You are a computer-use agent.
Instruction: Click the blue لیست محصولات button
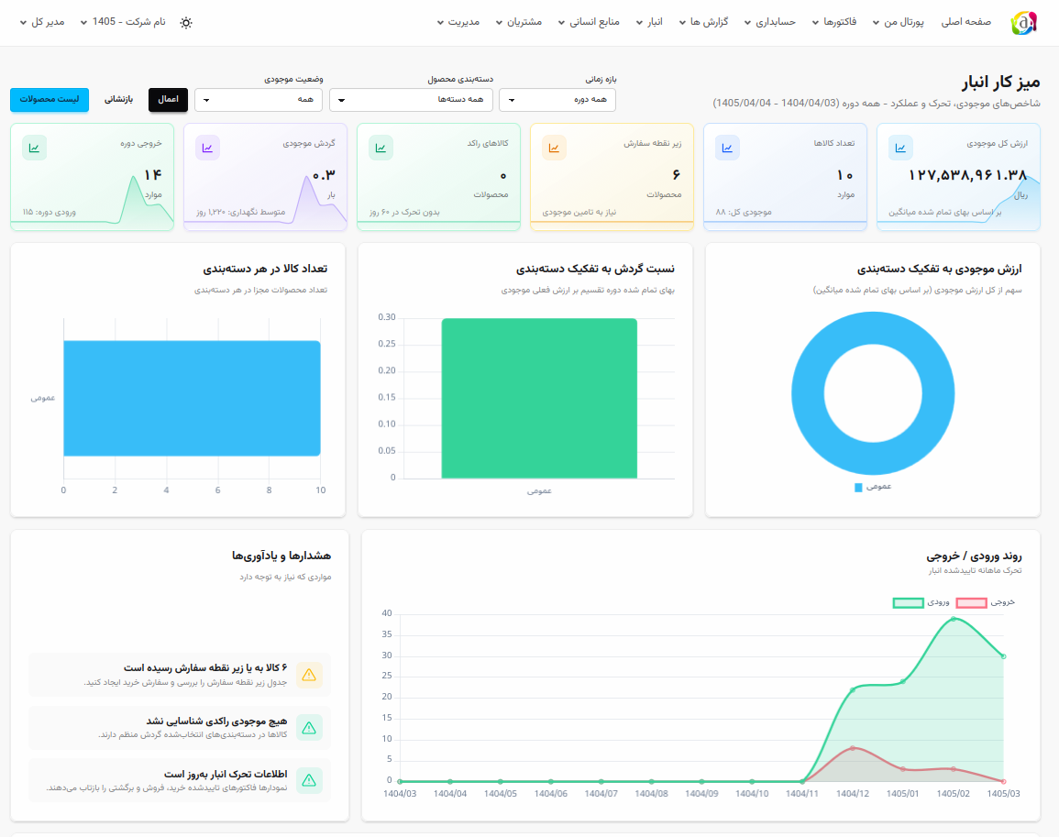coord(50,99)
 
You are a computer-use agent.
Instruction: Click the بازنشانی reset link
coord(119,99)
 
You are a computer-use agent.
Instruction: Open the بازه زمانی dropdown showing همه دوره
coord(557,100)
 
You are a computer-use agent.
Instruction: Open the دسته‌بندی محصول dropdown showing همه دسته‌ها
coord(411,100)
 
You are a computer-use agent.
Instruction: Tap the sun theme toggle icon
coord(186,22)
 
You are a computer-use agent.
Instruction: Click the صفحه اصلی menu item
coord(966,22)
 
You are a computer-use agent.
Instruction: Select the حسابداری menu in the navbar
coord(770,22)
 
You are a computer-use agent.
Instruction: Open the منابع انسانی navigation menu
coord(589,22)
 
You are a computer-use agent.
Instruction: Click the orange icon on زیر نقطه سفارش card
coord(554,148)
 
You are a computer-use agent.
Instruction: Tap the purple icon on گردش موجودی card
coord(207,148)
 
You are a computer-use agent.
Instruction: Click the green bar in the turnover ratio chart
coord(539,399)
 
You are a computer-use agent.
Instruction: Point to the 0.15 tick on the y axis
coord(387,397)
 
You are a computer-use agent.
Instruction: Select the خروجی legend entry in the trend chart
coord(986,602)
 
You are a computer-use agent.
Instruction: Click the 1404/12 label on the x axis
coord(853,794)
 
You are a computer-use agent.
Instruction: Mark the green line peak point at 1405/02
coord(953,618)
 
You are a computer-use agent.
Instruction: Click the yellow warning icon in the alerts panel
coord(309,675)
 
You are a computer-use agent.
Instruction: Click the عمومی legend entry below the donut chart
coord(873,487)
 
